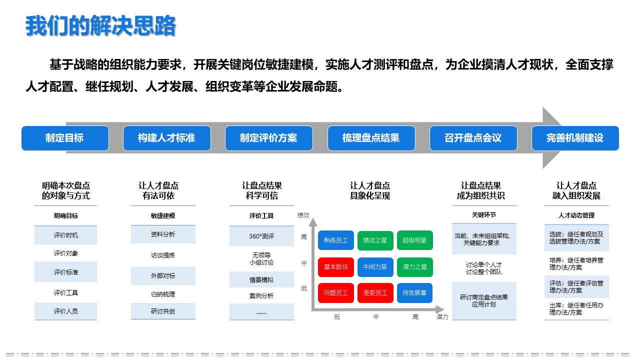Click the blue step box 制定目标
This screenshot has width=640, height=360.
click(65, 138)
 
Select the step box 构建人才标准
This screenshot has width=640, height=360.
click(167, 138)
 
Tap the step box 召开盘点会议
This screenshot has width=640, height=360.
click(473, 138)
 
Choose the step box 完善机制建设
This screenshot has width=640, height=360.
click(575, 138)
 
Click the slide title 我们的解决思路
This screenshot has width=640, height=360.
click(100, 26)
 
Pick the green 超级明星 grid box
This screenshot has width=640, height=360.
click(415, 240)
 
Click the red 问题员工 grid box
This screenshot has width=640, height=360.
click(336, 293)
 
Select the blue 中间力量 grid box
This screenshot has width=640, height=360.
click(375, 267)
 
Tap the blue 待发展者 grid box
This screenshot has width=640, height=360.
click(415, 293)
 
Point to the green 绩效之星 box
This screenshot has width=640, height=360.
click(375, 240)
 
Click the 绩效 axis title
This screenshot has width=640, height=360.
click(303, 215)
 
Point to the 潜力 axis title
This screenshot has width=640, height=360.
click(442, 316)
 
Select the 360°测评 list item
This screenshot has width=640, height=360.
click(261, 236)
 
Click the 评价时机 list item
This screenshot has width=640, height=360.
click(65, 235)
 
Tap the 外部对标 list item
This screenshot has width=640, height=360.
click(163, 275)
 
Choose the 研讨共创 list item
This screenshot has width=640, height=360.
click(163, 311)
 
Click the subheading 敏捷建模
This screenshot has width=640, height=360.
click(163, 215)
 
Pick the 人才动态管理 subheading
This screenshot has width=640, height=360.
click(576, 215)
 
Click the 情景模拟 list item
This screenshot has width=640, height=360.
click(261, 279)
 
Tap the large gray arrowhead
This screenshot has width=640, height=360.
click(550, 138)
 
